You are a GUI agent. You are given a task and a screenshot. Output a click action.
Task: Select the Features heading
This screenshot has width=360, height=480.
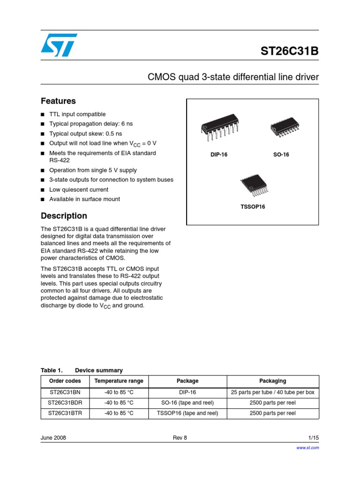click(58, 101)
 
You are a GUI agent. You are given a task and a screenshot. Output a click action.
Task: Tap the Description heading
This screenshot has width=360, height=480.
click(64, 216)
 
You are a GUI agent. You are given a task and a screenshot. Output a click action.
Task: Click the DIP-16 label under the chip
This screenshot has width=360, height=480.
click(219, 155)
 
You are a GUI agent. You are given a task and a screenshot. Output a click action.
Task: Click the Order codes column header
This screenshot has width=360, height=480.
click(65, 381)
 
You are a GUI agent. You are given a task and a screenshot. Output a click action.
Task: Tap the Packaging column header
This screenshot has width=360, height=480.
click(272, 381)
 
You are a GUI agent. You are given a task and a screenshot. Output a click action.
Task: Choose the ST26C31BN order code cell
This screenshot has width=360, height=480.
click(65, 392)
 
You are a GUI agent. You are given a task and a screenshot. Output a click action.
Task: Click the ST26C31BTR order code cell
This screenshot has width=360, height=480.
click(65, 413)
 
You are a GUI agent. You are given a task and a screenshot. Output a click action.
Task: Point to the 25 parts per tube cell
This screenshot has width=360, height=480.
click(272, 392)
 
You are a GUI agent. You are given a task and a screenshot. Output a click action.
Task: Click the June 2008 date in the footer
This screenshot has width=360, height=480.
click(53, 438)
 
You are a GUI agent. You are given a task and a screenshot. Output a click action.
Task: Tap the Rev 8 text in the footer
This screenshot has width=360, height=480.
click(180, 438)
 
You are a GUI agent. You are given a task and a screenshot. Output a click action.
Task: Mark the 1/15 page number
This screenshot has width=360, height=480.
click(313, 438)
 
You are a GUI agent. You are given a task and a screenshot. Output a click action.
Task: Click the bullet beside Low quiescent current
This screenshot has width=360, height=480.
click(43, 190)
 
